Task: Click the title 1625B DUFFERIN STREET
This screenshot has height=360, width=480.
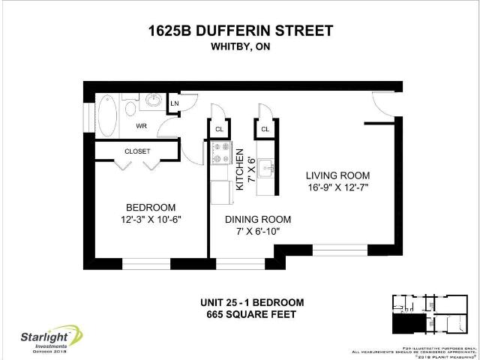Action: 239,31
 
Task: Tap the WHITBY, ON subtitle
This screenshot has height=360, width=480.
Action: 239,46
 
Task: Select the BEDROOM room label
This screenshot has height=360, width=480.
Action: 150,208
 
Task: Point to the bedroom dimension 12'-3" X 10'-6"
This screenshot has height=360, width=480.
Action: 150,220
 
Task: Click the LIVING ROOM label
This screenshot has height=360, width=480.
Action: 337,175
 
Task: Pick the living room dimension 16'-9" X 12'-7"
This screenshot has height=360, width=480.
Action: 337,187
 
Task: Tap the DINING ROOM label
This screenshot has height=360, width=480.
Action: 258,220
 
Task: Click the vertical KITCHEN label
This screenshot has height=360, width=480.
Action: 240,168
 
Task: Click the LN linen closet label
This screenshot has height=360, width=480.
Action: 174,103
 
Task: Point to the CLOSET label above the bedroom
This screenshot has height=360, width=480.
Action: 137,151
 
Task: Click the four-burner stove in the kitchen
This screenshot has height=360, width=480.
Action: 220,155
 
